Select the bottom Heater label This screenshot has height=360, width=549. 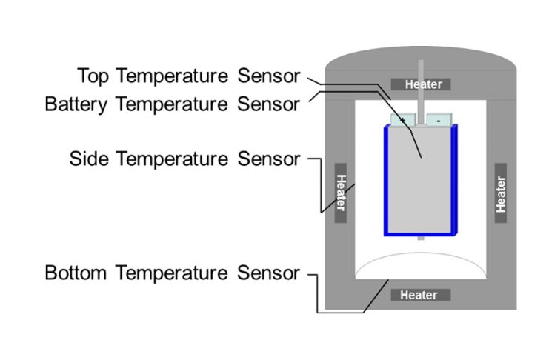point(420,296)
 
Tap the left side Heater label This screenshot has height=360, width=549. point(340,193)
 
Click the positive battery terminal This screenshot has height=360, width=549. point(403,119)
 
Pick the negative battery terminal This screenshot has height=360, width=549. point(439,119)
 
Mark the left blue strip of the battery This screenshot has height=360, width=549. point(387,181)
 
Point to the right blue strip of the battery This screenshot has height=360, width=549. point(455,181)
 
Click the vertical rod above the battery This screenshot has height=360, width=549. point(421,89)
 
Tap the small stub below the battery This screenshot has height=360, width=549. point(421,239)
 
